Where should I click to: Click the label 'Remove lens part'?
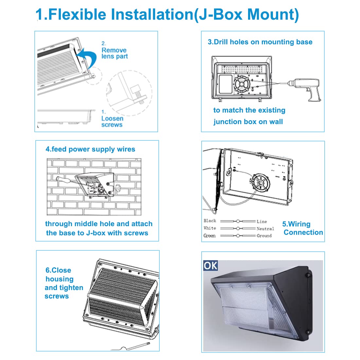tap(114, 53)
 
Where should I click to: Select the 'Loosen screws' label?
tap(112, 121)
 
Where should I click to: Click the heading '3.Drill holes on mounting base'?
tap(260, 42)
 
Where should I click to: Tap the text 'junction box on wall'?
tap(248, 122)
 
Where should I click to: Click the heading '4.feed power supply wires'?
tap(90, 149)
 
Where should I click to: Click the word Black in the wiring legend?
tap(210, 221)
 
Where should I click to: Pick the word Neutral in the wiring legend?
tap(265, 228)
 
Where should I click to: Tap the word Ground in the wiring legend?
tap(264, 236)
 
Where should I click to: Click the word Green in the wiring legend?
tap(209, 236)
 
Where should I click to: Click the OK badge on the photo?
tap(210, 265)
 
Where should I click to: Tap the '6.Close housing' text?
tap(59, 275)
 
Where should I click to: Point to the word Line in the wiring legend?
tap(262, 221)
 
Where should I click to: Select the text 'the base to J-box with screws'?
tap(97, 233)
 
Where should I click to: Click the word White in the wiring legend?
tap(210, 228)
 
